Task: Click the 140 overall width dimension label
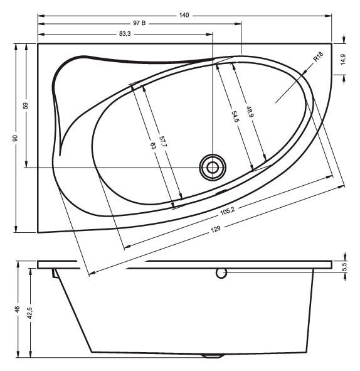[184, 15]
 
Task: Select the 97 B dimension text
[139, 23]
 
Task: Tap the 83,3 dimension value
[125, 34]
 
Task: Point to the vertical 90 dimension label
[15, 138]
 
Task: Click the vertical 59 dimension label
[26, 105]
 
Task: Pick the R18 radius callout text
[318, 56]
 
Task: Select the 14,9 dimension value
[343, 60]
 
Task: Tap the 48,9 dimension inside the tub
[250, 112]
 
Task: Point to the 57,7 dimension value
[163, 142]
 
